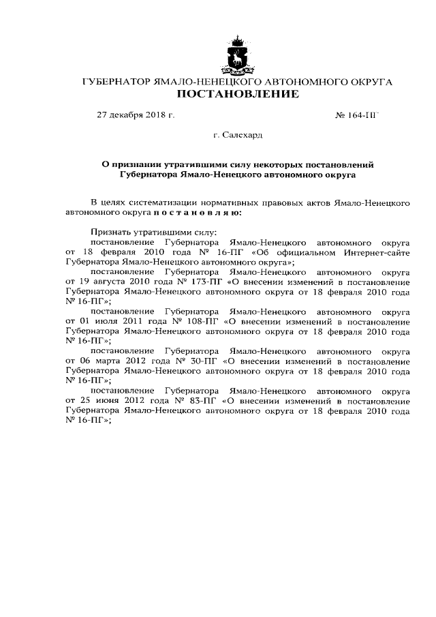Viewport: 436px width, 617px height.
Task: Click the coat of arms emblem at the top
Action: [237, 55]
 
